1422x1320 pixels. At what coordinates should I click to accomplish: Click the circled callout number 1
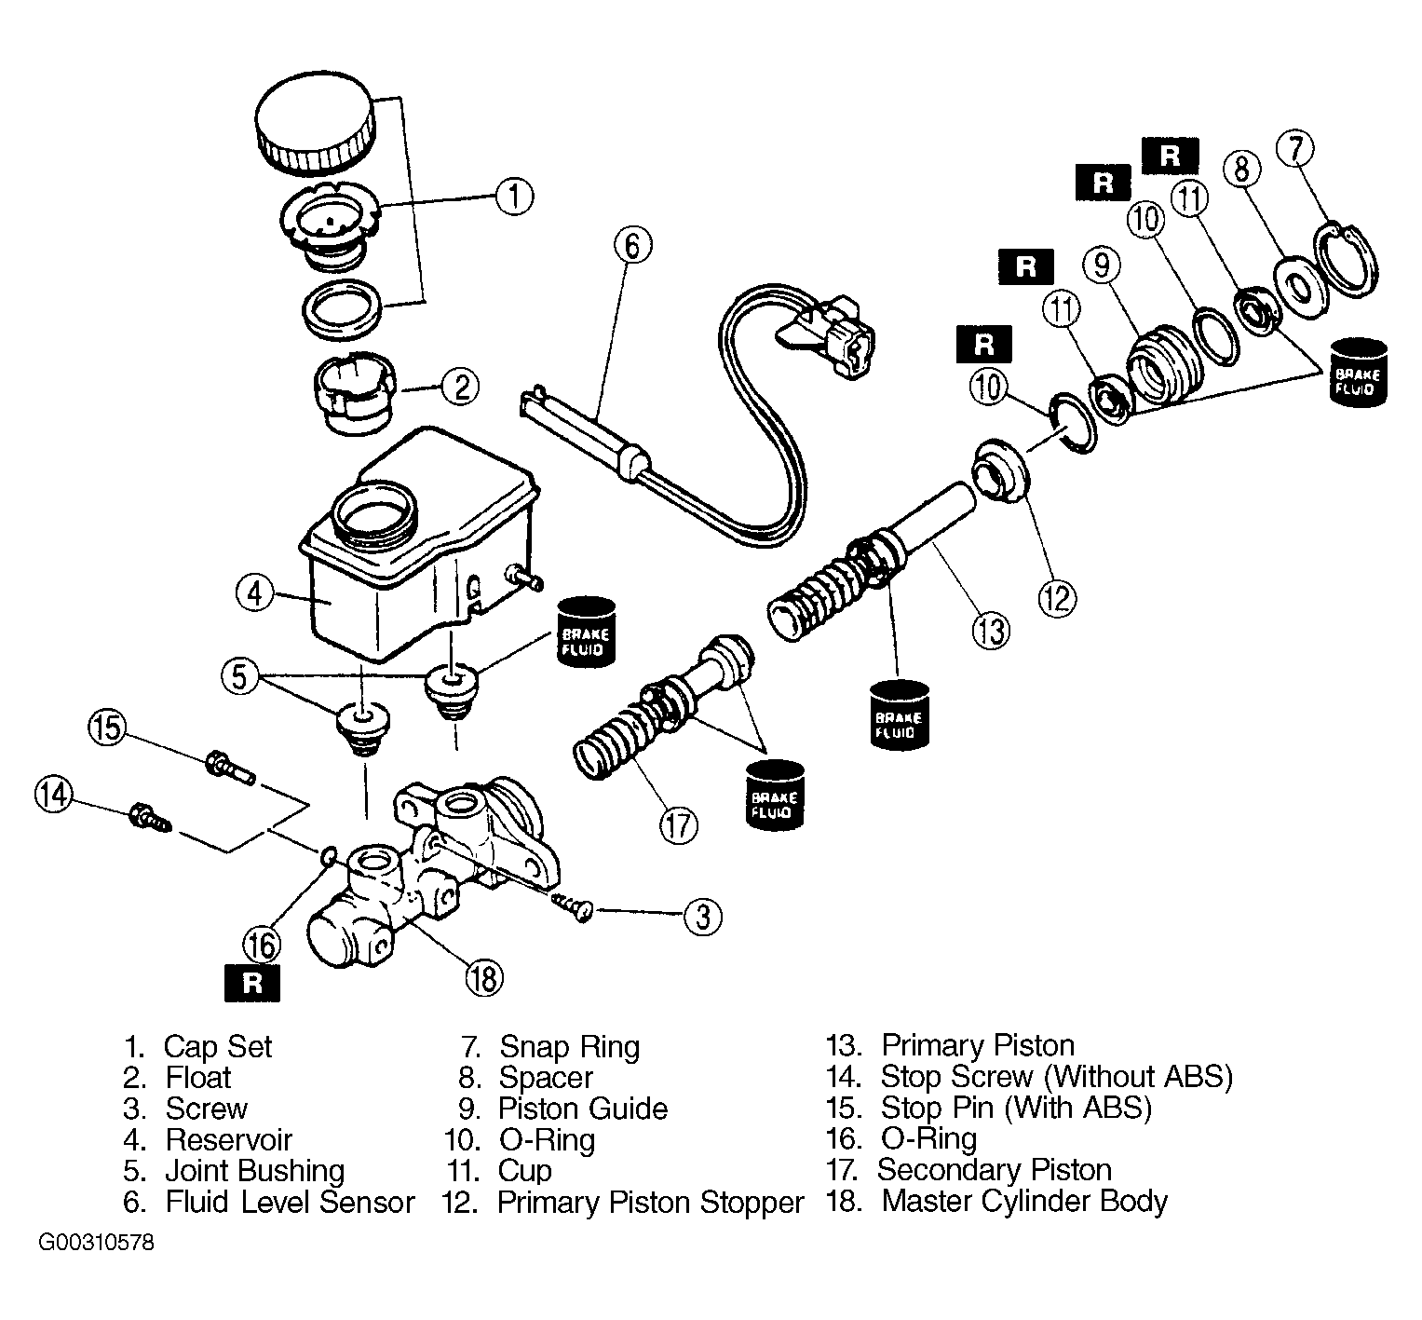[513, 197]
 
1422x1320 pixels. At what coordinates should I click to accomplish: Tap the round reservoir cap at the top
[315, 124]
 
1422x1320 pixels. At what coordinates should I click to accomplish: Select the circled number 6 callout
[632, 246]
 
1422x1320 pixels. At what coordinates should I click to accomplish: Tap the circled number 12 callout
[1056, 597]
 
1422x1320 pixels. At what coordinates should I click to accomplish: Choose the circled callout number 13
[990, 631]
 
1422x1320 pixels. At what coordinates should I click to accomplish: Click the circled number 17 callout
[679, 824]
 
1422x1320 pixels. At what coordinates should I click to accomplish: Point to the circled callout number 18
[484, 977]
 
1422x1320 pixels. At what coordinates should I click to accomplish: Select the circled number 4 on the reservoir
[254, 592]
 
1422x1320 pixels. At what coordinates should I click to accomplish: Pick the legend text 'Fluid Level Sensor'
[290, 1202]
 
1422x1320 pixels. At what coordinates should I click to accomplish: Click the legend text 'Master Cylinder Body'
[1023, 1202]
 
